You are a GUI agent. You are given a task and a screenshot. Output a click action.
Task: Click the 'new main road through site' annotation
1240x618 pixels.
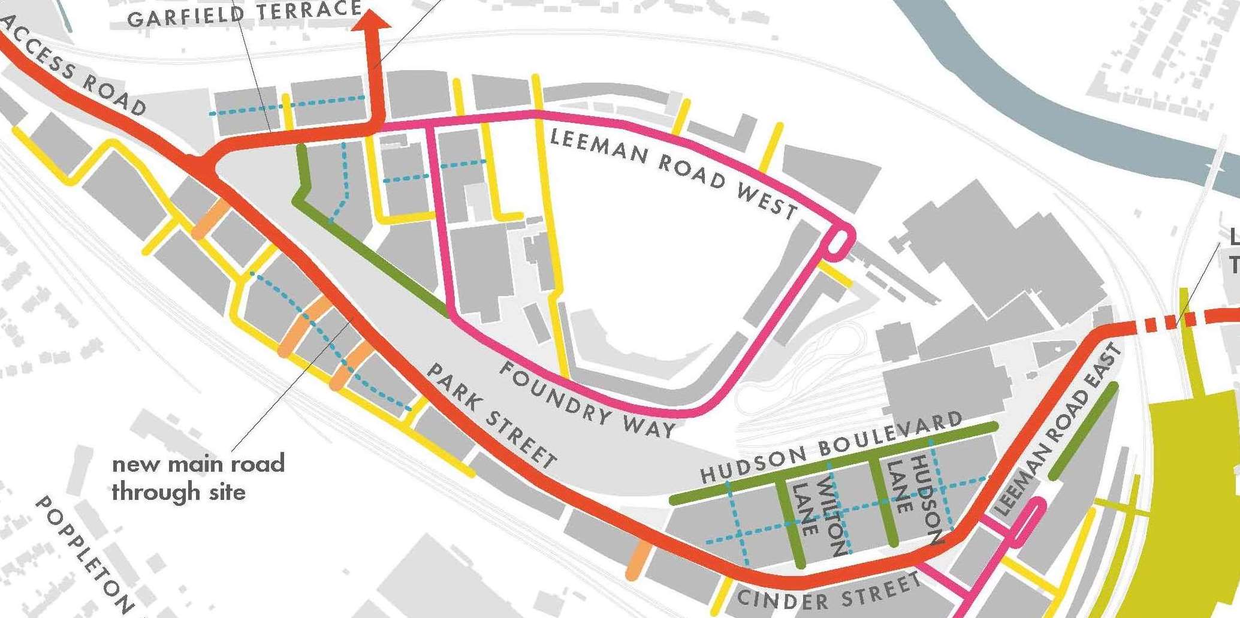tap(197, 478)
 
